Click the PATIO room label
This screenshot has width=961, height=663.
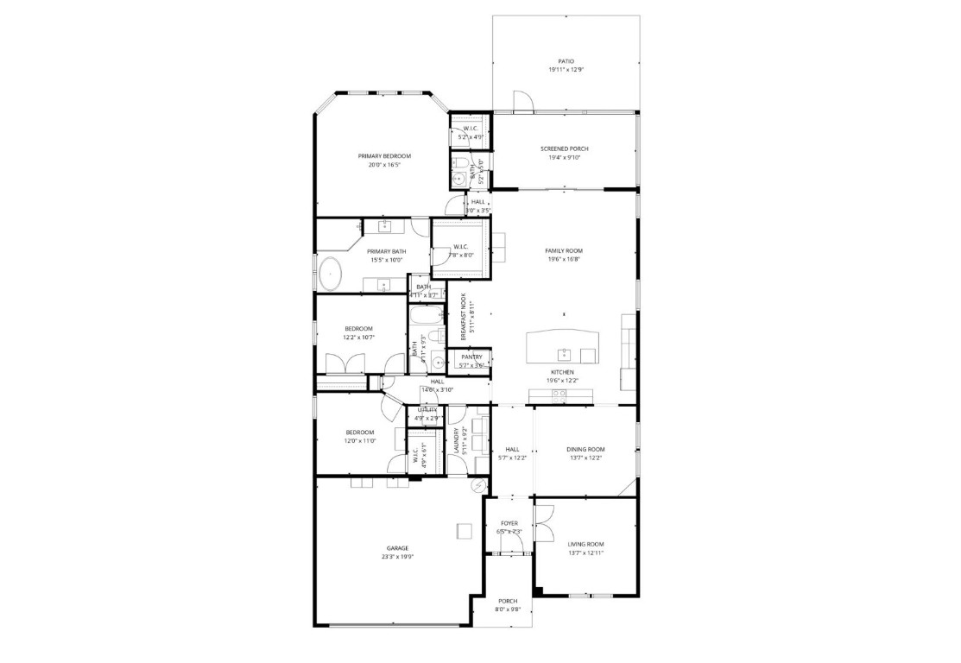566,61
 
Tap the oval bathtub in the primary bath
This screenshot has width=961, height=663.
329,275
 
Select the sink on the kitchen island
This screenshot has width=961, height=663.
564,353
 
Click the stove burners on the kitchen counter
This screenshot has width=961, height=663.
559,395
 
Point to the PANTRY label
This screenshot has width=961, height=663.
471,357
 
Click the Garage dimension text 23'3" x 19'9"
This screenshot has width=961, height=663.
397,557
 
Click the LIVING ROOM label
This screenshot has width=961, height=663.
585,544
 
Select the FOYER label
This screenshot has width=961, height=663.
509,523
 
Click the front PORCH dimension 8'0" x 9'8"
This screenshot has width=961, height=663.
508,609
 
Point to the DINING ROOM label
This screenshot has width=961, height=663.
585,449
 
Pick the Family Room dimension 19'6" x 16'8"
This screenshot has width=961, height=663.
562,258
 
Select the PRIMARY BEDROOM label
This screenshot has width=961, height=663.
384,156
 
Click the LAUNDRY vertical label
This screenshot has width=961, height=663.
456,441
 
